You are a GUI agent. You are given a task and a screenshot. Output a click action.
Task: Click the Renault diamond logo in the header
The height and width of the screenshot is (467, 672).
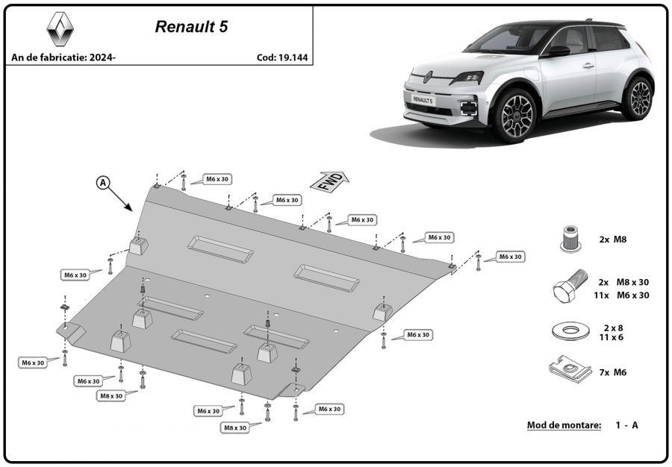[x=60, y=28]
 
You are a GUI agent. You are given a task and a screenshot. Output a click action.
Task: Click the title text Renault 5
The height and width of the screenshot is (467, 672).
[x=191, y=27]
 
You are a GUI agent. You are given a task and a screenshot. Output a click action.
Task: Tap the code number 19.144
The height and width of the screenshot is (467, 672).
[x=293, y=57]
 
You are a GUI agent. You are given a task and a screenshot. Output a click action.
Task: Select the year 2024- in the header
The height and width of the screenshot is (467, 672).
[x=102, y=57]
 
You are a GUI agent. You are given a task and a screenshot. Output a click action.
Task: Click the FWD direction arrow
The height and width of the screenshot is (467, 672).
[x=329, y=181]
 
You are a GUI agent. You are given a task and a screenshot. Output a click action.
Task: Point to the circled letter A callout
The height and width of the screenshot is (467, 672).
[x=103, y=184]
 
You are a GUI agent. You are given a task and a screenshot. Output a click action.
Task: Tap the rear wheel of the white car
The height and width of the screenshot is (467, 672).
[x=639, y=98]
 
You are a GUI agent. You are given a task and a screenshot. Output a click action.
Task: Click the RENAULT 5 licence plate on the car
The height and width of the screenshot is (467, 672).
[x=423, y=100]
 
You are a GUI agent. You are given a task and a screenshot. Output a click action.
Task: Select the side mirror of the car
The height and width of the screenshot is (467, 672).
[x=559, y=51]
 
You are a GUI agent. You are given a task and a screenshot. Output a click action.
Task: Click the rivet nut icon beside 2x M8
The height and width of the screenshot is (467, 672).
[x=571, y=239]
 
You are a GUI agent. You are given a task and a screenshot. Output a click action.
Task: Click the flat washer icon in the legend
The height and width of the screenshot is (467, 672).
[x=570, y=331]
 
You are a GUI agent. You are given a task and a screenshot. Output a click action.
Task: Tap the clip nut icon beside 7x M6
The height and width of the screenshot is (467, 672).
[x=569, y=369]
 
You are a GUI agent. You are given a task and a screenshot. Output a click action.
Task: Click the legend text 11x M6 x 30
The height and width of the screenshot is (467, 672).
[x=621, y=295]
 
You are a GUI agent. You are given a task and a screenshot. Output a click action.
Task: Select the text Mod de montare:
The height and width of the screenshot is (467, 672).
[x=564, y=425]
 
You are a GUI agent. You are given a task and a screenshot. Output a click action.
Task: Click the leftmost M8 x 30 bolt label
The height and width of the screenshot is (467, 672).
[x=111, y=396]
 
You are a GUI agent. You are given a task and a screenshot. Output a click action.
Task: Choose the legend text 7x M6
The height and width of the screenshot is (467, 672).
[x=613, y=372]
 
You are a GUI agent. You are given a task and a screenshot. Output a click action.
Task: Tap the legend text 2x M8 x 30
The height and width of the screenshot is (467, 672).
[x=624, y=283]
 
